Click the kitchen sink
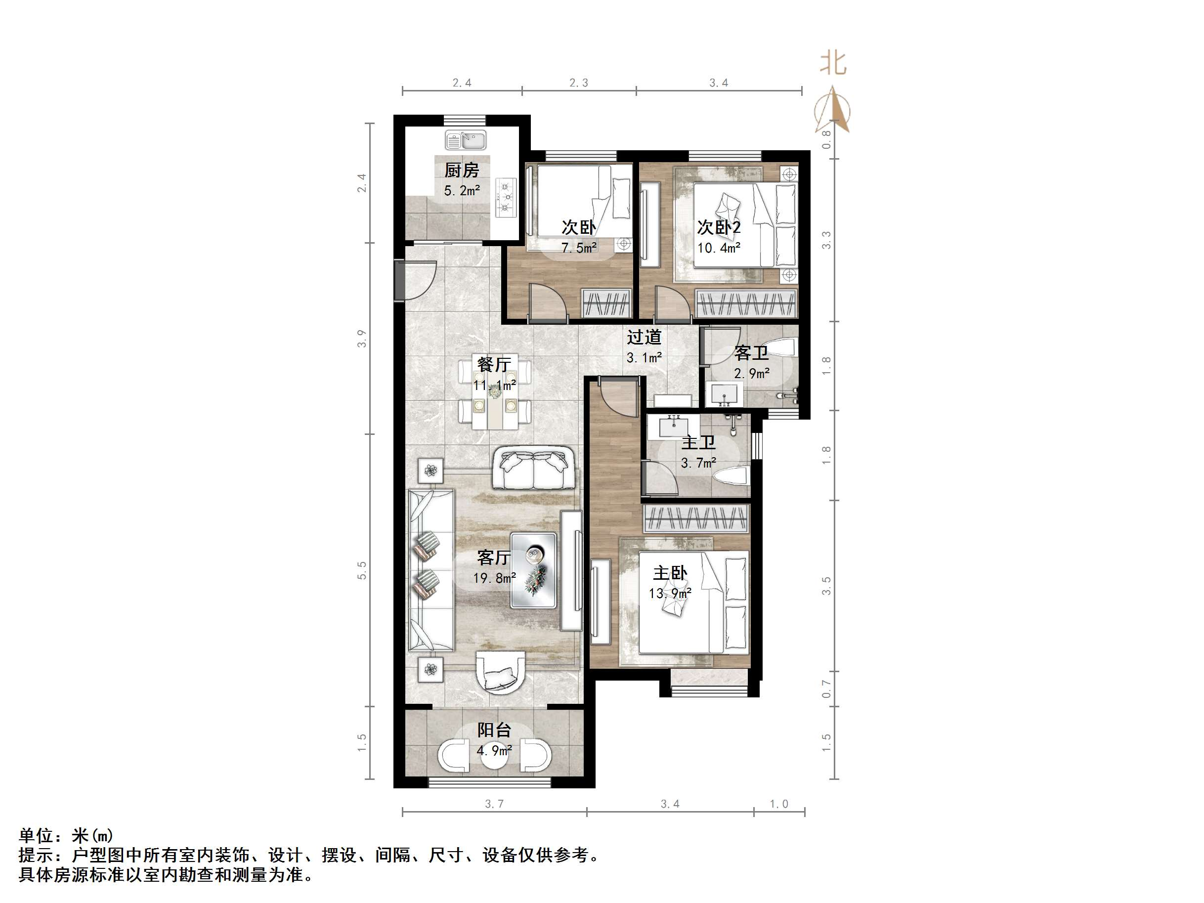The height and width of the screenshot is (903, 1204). pos(466,140)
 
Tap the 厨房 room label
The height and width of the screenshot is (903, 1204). pos(462,171)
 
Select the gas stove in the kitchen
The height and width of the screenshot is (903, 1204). pos(506,197)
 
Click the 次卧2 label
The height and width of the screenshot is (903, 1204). pos(719,227)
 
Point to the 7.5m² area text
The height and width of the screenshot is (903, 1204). pos(579,248)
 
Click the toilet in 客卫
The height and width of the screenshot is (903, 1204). pos(785,347)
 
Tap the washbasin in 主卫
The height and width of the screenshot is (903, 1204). pos(677,426)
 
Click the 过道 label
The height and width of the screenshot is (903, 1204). pos(644,338)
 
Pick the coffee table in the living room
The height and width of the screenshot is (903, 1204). pos(533,570)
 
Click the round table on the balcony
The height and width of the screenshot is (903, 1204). pos(494,756)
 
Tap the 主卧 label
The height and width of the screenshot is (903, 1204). pos(670,573)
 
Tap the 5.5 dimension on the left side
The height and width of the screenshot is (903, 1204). pos(362,570)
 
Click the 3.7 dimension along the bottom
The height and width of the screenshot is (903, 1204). pos(494,804)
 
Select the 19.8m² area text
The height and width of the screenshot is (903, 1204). pos(494,578)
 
